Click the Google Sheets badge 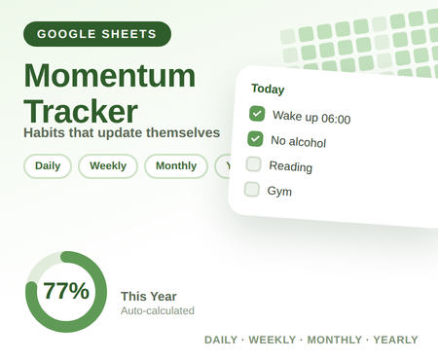(97, 34)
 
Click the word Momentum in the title (110, 76)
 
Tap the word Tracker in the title (81, 111)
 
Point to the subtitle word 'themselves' (183, 132)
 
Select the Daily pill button (48, 166)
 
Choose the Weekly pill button (108, 166)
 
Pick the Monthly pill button (176, 166)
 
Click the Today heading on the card (268, 89)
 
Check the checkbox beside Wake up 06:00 (257, 114)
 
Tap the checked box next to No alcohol (255, 139)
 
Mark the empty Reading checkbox (253, 164)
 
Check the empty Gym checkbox (252, 190)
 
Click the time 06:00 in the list (336, 119)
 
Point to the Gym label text (279, 191)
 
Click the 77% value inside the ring (66, 291)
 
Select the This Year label (149, 297)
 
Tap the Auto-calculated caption (158, 310)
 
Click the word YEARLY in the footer (395, 340)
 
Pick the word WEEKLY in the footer (273, 340)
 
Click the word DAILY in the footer (221, 340)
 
